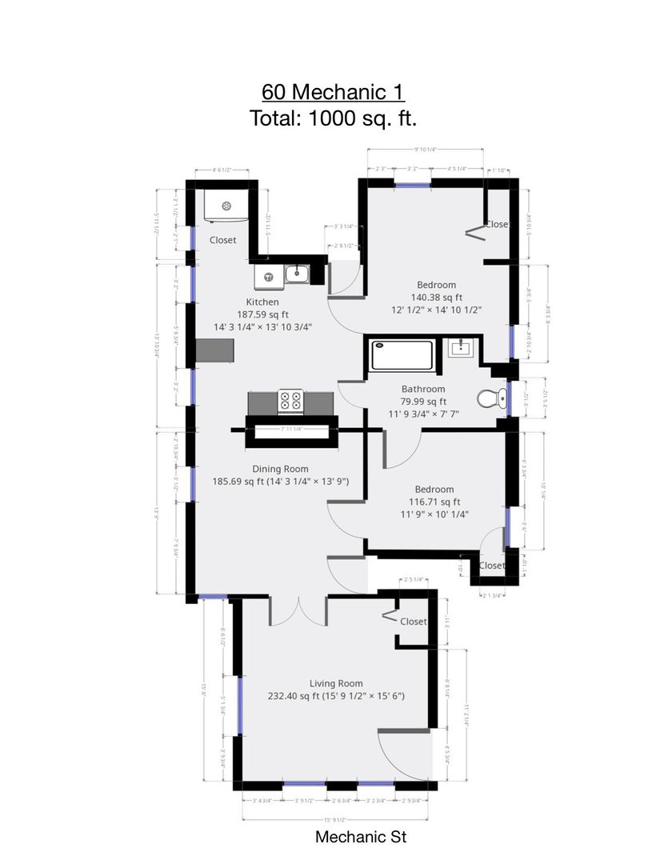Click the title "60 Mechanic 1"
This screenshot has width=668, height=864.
click(333, 91)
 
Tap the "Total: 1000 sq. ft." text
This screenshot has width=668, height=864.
click(333, 118)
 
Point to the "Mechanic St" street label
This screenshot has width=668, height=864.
click(361, 838)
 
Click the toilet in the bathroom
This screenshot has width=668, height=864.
click(490, 398)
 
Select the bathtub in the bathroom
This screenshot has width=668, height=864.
click(402, 355)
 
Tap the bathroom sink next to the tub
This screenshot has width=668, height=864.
click(462, 348)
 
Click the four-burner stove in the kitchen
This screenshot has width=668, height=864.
click(290, 400)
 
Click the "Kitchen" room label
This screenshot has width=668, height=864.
click(262, 302)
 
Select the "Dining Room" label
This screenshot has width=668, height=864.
click(280, 469)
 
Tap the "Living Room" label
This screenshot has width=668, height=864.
click(336, 683)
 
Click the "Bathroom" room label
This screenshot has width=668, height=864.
click(423, 389)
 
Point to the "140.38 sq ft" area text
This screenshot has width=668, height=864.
click(436, 297)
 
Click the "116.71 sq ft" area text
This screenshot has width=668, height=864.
click(434, 502)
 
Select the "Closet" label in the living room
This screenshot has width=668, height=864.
click(413, 622)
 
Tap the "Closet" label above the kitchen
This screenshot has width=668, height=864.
click(222, 240)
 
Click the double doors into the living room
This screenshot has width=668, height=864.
click(298, 610)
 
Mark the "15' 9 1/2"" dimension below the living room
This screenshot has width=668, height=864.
click(335, 818)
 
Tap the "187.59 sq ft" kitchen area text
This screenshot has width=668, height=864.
click(262, 314)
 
